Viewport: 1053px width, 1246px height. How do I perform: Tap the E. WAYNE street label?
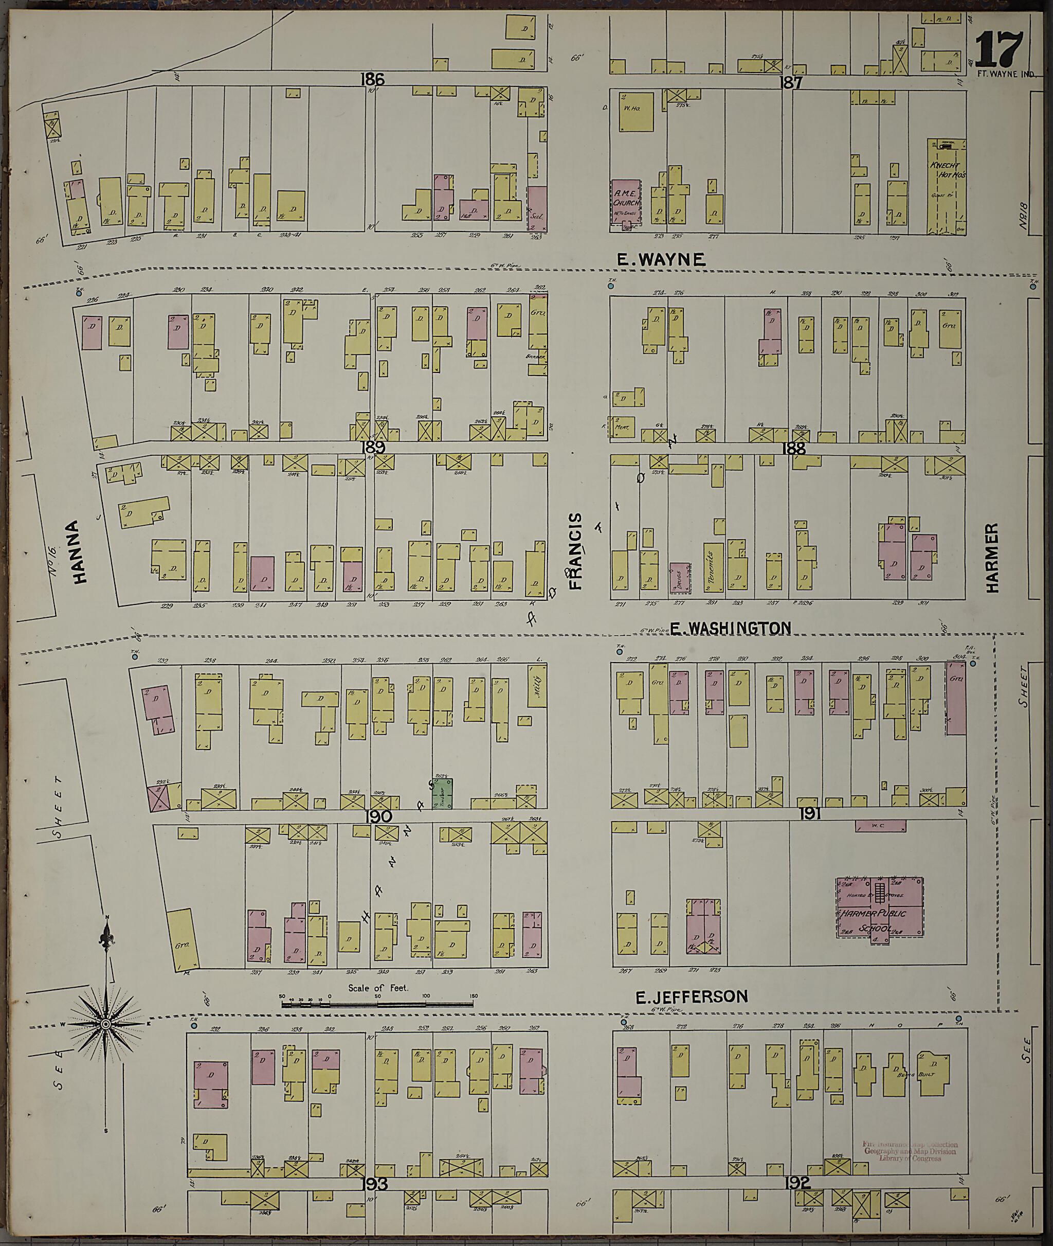tap(661, 259)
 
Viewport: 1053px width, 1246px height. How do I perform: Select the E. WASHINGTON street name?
tap(730, 628)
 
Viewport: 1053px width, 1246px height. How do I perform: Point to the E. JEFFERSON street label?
tap(691, 996)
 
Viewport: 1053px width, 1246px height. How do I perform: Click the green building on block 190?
tap(442, 793)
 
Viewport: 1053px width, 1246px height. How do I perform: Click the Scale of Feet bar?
tap(377, 1004)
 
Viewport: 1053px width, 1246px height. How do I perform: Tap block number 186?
tap(372, 79)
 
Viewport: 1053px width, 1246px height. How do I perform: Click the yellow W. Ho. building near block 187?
tap(635, 111)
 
